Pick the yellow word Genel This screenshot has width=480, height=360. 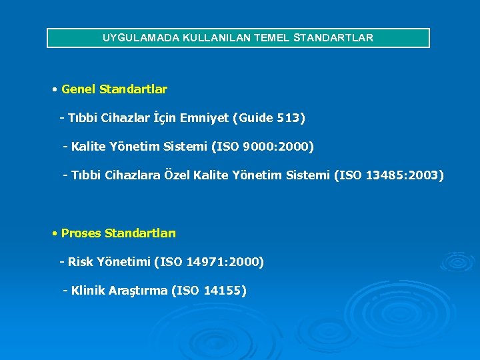[x=78, y=89]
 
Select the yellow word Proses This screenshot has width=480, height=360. [x=81, y=233]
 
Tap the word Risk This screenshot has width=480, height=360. [x=81, y=262]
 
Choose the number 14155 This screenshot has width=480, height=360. [x=224, y=291]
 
